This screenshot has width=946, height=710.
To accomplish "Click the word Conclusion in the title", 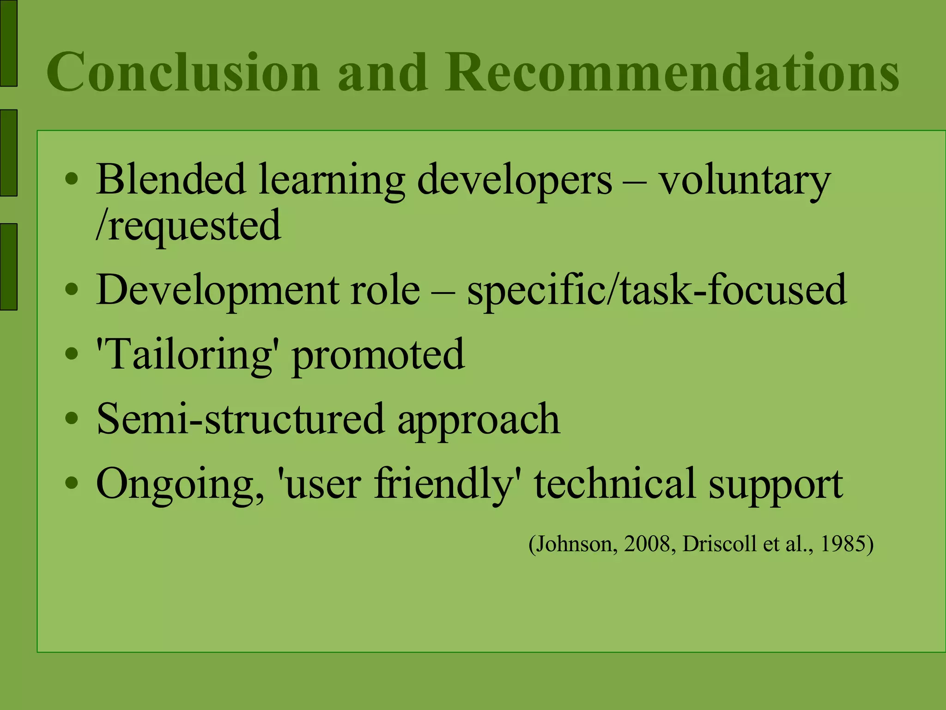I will coord(183,72).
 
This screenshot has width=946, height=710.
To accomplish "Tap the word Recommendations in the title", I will coord(672,72).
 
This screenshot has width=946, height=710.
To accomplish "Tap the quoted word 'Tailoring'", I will coord(185,355).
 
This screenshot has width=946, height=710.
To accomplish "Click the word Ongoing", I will coord(180,484).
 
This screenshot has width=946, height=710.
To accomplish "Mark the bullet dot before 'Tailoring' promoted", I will coord(72,355).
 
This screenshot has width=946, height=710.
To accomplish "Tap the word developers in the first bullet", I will coord(515,180).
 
